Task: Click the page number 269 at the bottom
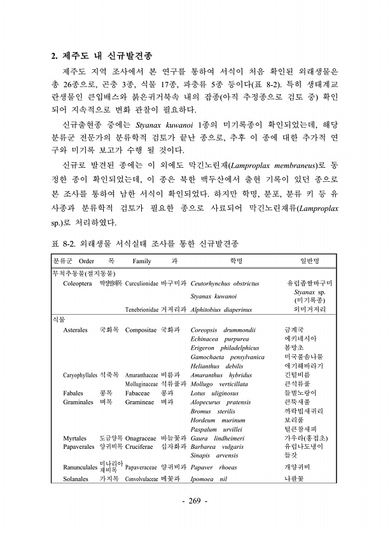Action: (195, 502)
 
